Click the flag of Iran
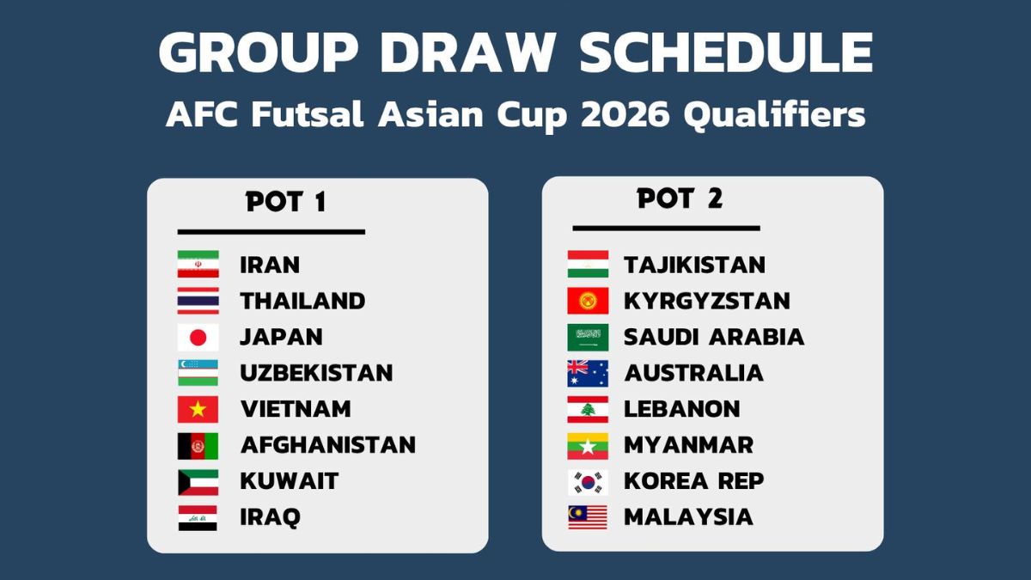(198, 264)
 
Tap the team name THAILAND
(302, 301)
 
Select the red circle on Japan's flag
(198, 338)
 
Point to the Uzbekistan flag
(198, 373)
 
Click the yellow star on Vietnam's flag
(198, 409)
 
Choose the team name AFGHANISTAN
(327, 445)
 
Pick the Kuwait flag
(198, 482)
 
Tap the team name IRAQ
(270, 517)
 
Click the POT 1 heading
(286, 202)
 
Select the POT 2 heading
(680, 198)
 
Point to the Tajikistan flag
(588, 264)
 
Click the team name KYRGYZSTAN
(706, 301)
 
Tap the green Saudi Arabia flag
(588, 338)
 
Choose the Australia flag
(588, 373)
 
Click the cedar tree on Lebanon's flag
(588, 409)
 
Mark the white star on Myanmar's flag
(588, 446)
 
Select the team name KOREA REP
(693, 481)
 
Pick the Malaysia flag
(588, 517)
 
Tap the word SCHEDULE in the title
(726, 52)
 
